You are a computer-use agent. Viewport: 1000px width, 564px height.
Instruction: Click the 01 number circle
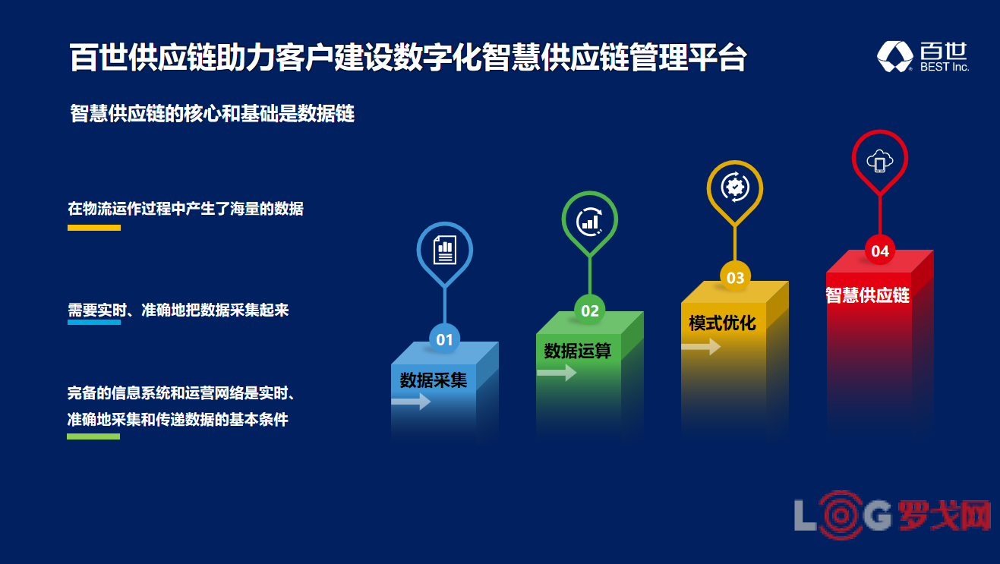coord(444,339)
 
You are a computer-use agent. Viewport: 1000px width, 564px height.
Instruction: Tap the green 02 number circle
coord(590,310)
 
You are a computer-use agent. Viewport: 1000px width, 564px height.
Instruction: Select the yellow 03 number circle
coord(735,278)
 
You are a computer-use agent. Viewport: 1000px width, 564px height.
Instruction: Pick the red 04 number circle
coord(880,250)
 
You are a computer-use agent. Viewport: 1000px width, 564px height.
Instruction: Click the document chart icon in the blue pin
coord(445,250)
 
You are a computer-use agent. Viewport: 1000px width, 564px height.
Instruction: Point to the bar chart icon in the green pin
coord(590,222)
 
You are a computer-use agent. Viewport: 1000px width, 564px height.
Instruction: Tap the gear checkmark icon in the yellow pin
coord(735,187)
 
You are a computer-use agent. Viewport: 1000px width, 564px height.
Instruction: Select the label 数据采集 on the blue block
coord(433,380)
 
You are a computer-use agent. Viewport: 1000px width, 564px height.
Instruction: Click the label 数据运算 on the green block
coord(577,351)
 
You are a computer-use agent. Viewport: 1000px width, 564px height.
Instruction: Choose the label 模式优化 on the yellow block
coord(722,323)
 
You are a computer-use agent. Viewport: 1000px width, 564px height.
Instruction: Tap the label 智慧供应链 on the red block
coord(867,295)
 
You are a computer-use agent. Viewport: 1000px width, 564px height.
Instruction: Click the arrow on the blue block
coord(411,402)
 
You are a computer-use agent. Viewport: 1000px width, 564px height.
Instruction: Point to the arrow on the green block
coord(557,372)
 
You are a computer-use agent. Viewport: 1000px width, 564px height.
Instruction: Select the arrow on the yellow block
coord(701,346)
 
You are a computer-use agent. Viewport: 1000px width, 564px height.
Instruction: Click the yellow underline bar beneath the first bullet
coord(94,228)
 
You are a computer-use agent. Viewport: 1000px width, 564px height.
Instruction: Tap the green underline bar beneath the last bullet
coord(93,436)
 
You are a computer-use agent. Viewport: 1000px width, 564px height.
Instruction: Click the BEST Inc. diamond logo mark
coord(895,56)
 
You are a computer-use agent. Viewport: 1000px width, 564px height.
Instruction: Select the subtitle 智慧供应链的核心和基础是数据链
coord(212,113)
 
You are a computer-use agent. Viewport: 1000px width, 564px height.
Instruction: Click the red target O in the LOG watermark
coord(841,515)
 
